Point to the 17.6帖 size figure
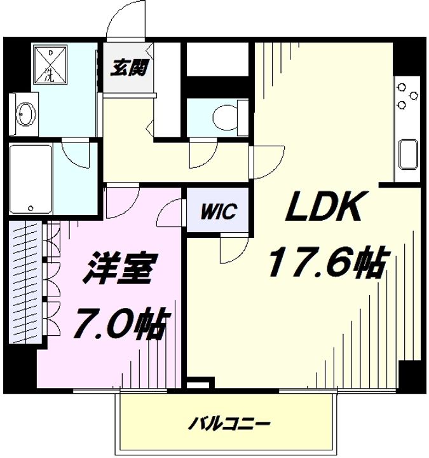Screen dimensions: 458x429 pos(327,262)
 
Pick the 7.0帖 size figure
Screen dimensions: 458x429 pos(121,324)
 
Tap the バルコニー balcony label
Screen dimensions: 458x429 pos(231,422)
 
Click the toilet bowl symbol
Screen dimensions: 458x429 pos(224,116)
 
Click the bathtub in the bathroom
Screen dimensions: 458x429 pos(31,180)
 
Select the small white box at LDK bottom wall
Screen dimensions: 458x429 pos(198,384)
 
